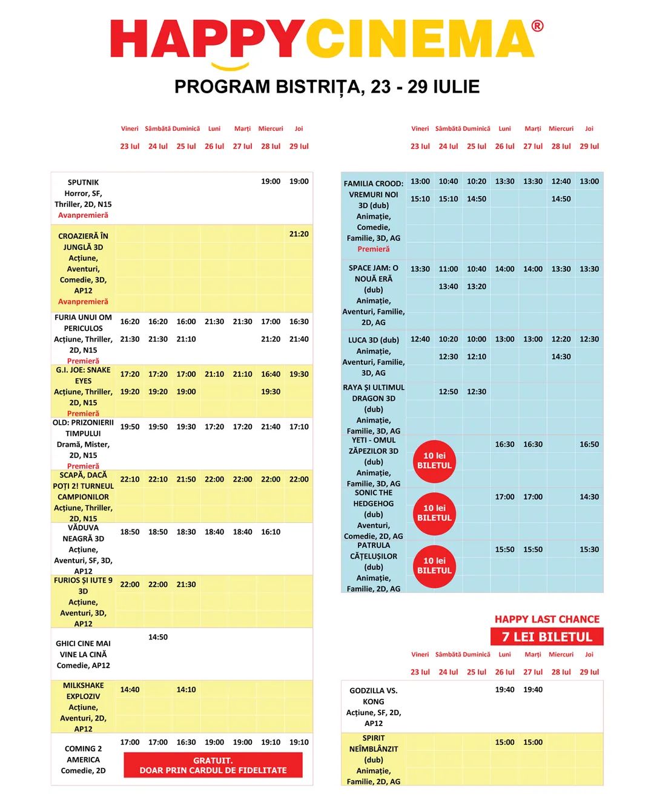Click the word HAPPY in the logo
(x=206, y=39)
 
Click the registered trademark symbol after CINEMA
(x=537, y=26)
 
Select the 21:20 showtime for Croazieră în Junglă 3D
(x=299, y=234)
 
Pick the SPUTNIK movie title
(x=83, y=182)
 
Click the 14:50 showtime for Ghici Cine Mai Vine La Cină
(x=158, y=637)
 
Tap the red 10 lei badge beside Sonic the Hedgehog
(x=434, y=513)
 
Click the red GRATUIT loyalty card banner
(x=213, y=765)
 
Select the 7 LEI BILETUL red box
(x=547, y=637)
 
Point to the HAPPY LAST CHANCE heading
(x=547, y=619)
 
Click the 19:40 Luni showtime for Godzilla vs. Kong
(x=504, y=690)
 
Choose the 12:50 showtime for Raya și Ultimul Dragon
(x=448, y=392)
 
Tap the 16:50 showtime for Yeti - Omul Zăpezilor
(x=589, y=445)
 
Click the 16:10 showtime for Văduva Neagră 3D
(x=271, y=532)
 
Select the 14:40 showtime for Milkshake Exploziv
(x=130, y=690)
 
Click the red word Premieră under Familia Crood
(x=374, y=249)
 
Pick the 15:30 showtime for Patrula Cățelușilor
(x=589, y=550)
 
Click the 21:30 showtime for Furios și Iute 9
(x=186, y=585)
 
